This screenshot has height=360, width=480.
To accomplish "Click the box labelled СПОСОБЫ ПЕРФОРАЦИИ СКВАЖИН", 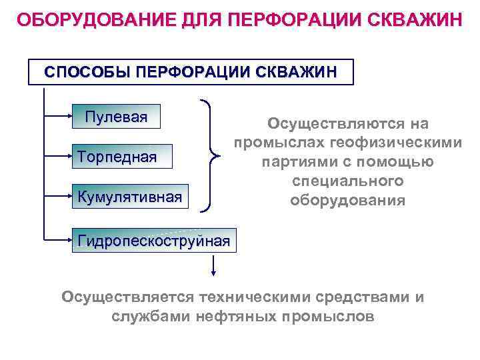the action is (191, 71).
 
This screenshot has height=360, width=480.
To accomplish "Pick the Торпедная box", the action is (117, 157).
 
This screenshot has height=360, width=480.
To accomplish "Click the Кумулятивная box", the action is (129, 197).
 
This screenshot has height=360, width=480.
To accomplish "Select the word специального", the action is (348, 181).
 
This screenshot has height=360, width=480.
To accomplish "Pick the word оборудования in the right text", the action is (348, 200).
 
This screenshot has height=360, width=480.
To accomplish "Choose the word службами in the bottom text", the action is (151, 317).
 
